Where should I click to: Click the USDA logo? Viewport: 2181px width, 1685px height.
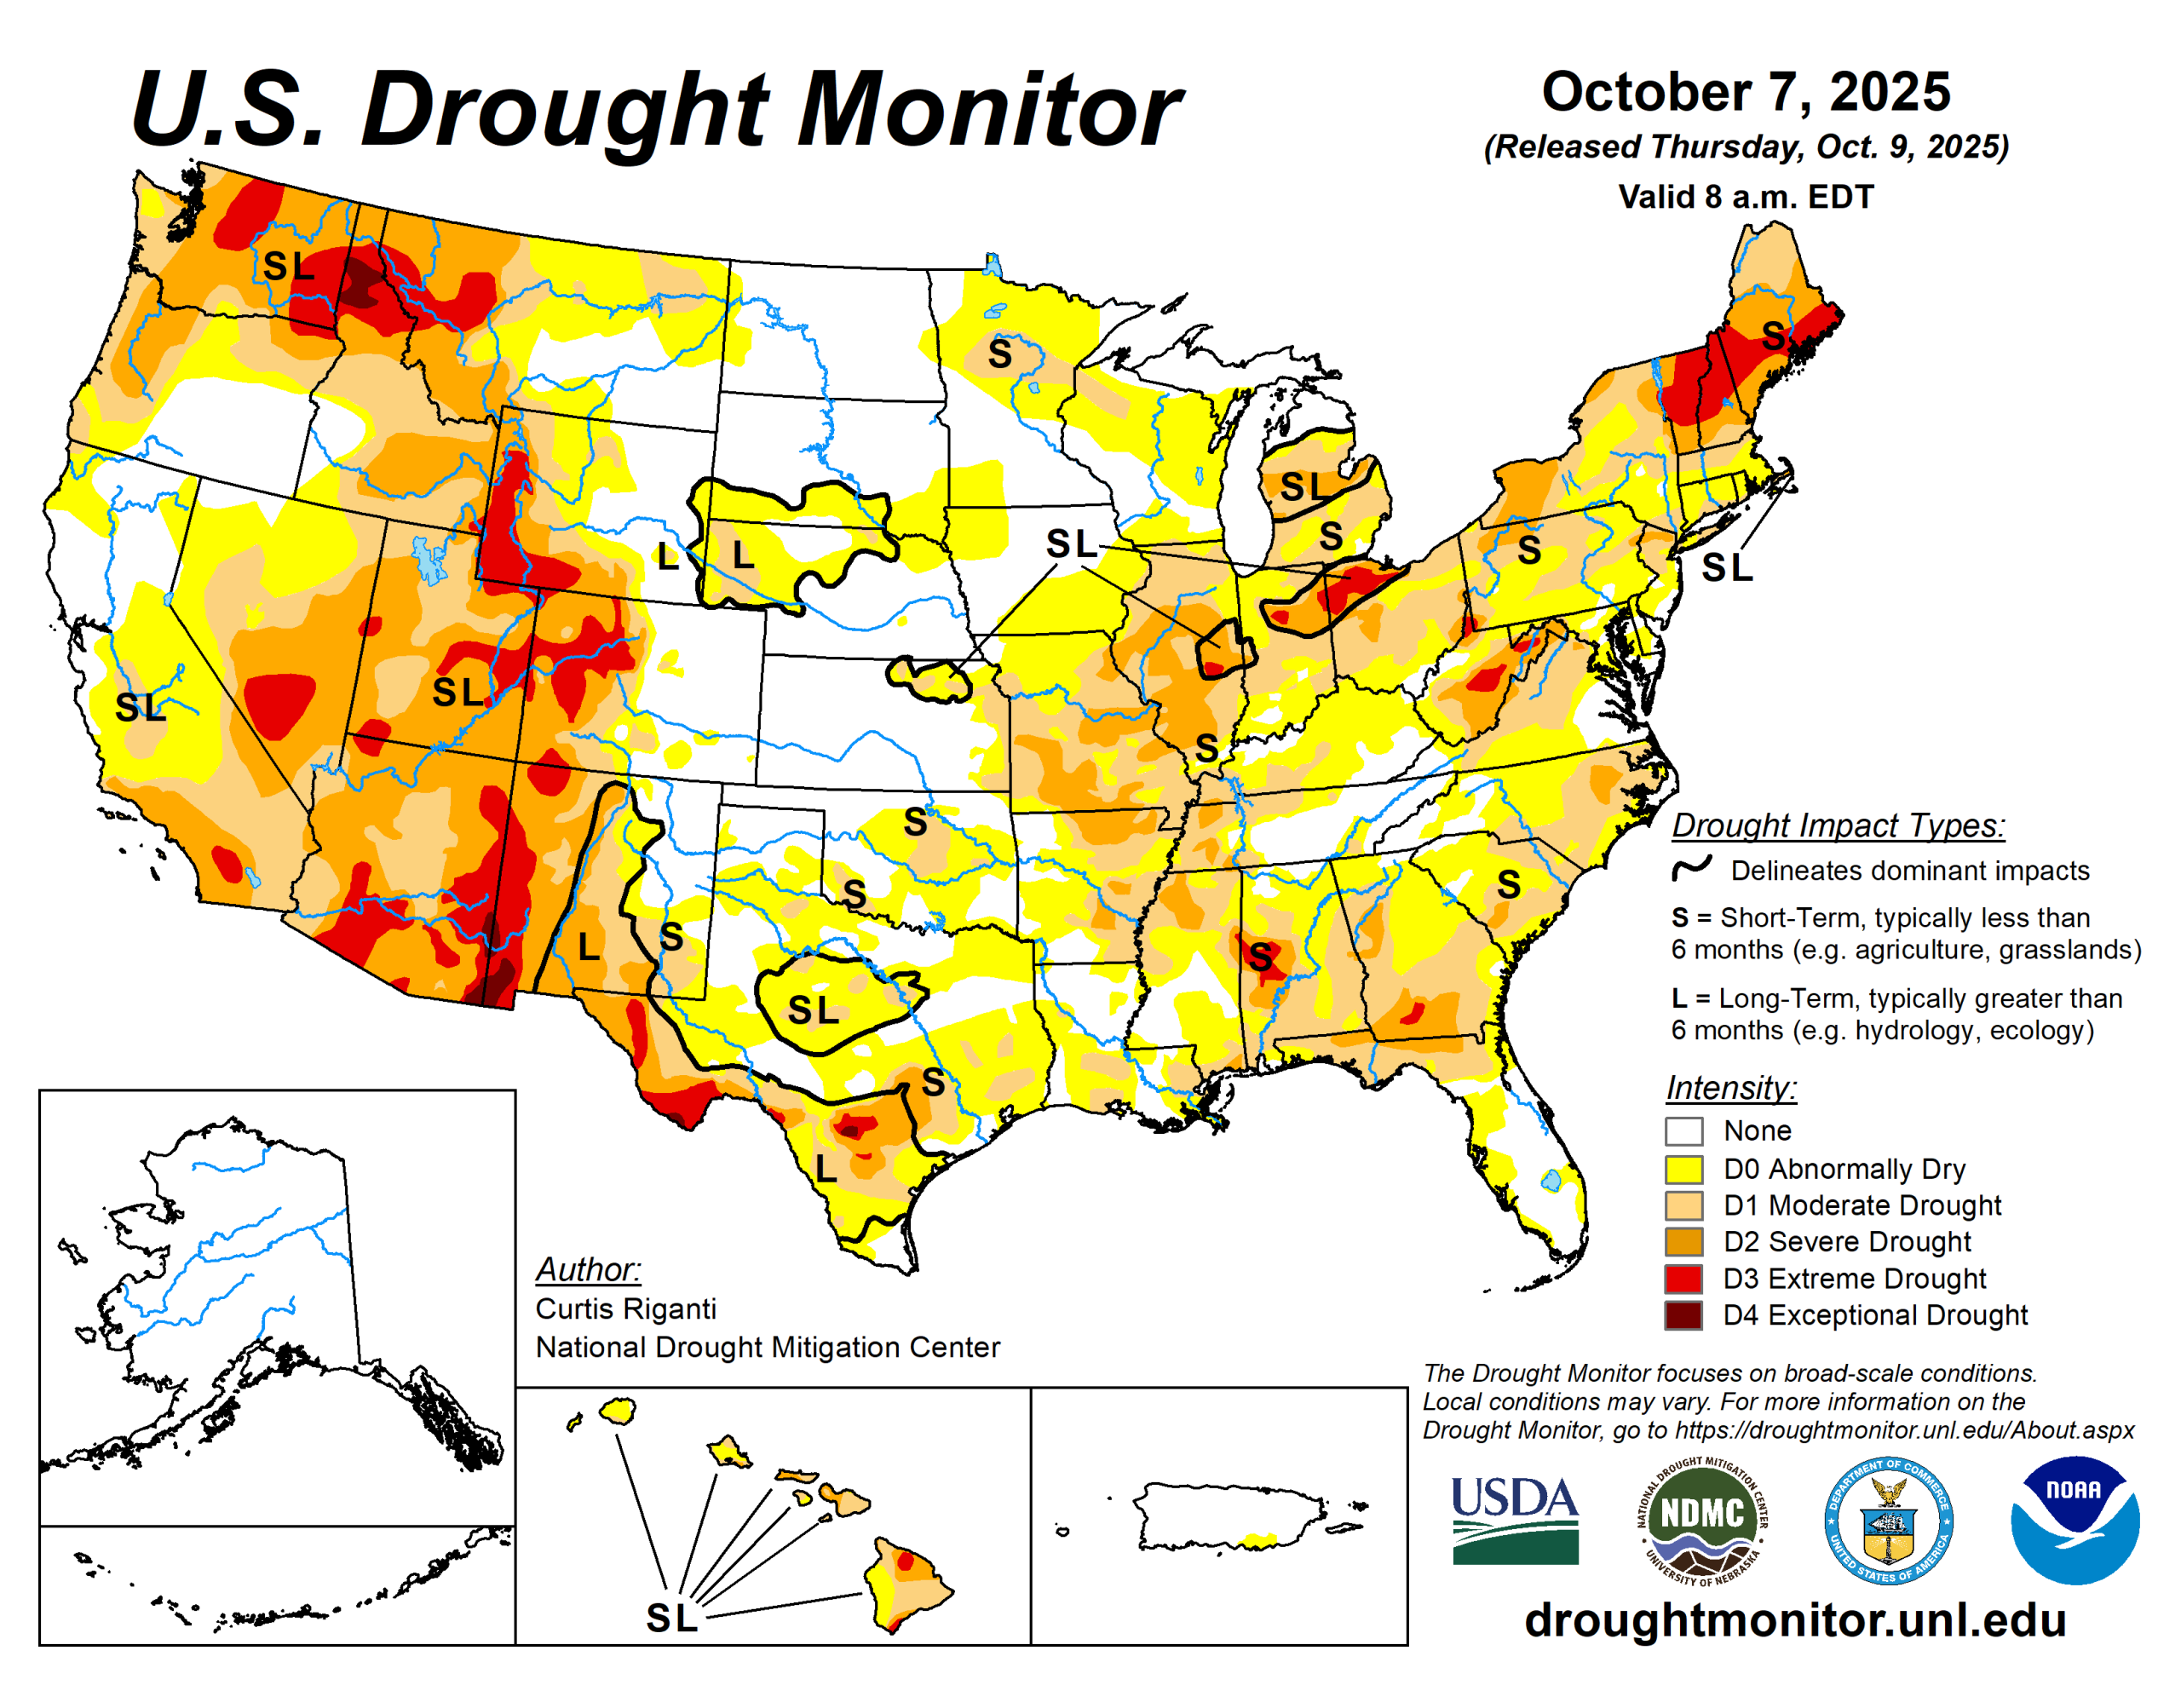click(x=1514, y=1519)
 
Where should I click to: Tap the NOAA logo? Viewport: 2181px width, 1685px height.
click(x=2075, y=1518)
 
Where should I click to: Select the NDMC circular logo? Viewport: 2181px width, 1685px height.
click(x=1701, y=1519)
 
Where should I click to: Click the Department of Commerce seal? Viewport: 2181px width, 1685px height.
click(x=1887, y=1519)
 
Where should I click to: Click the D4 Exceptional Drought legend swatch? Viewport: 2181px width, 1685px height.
click(x=1683, y=1314)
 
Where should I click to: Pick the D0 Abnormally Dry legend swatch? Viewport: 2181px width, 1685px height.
click(x=1683, y=1169)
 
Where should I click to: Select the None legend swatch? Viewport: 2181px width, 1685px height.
click(x=1683, y=1130)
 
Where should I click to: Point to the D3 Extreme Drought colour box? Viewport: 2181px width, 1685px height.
click(x=1683, y=1279)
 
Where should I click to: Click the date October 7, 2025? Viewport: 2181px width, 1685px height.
click(x=1745, y=92)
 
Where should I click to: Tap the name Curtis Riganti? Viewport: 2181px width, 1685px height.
click(x=625, y=1308)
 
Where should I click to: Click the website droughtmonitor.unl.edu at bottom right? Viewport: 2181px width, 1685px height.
click(x=1794, y=1620)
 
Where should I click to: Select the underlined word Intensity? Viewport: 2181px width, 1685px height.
click(x=1730, y=1087)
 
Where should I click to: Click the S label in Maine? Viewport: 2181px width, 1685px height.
click(x=1774, y=336)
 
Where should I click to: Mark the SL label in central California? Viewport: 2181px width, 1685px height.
click(x=140, y=708)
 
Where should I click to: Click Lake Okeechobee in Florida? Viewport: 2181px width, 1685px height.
click(x=1551, y=1182)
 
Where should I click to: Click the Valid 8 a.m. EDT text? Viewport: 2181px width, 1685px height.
click(x=1745, y=197)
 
